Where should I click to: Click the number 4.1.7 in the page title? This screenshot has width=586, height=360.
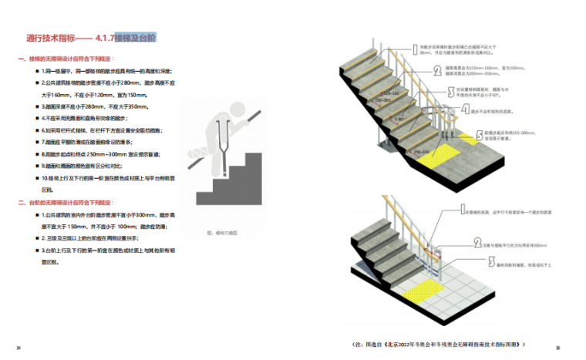click(x=106, y=36)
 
